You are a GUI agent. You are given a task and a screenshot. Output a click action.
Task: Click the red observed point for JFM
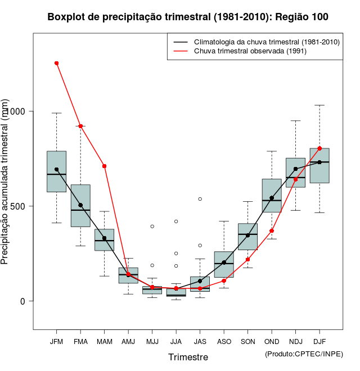[x=56, y=63]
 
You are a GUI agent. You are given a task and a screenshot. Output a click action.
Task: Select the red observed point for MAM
[x=105, y=166]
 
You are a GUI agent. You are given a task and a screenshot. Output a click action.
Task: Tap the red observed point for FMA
[x=80, y=126]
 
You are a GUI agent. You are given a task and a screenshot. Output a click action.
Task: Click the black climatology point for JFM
[x=56, y=169]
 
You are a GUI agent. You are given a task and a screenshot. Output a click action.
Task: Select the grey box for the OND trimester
[x=272, y=195]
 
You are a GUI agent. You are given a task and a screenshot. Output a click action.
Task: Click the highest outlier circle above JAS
[x=200, y=199]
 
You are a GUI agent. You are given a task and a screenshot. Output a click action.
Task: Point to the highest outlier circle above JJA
[x=176, y=221]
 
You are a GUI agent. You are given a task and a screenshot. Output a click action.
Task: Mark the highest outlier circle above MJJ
[x=152, y=227]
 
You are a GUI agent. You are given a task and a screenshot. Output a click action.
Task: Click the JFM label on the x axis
[x=56, y=341]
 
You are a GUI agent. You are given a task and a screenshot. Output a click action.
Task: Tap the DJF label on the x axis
[x=319, y=341]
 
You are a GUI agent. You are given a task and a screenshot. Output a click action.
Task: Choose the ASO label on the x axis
[x=224, y=341]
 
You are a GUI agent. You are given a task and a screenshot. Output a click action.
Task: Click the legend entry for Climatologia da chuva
[x=266, y=42]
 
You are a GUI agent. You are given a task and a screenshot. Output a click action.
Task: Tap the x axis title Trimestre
[x=188, y=357]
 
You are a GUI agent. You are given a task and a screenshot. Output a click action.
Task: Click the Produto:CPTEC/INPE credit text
[x=304, y=354]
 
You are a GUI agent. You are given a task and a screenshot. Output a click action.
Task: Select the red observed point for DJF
[x=319, y=148]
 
